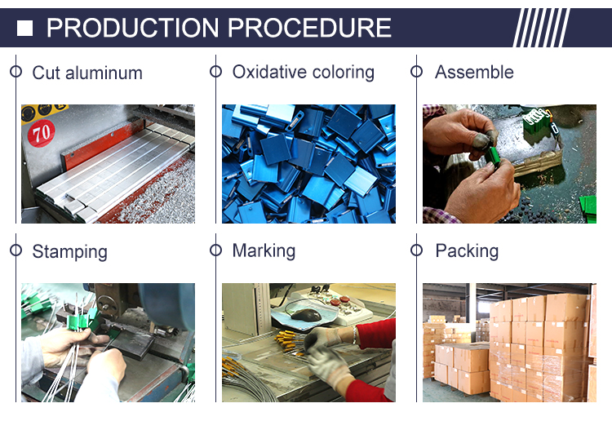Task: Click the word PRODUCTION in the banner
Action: point(133,28)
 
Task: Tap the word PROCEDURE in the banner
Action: point(309,28)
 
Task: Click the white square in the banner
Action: point(24,28)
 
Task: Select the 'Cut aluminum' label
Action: point(87,73)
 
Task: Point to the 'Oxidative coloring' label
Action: point(304,72)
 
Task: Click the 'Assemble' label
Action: point(474,72)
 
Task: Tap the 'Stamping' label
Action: point(70,251)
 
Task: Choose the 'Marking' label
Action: point(264,250)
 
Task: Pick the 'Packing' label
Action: point(467,250)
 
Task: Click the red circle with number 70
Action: point(42,134)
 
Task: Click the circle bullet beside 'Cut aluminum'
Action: point(16,72)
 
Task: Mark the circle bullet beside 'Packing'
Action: point(416,250)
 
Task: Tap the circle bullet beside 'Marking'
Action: point(216,250)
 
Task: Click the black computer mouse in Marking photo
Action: point(306,314)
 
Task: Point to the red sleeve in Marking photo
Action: point(375,334)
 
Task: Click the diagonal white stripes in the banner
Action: point(541,28)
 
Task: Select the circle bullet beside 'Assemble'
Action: point(416,72)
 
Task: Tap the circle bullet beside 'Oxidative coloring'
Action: point(216,72)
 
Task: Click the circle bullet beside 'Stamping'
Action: point(16,250)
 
